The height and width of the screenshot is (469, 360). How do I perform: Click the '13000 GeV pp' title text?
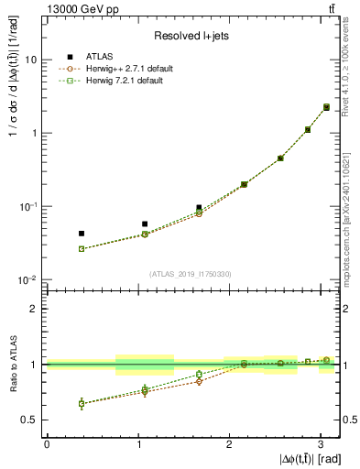[77, 9]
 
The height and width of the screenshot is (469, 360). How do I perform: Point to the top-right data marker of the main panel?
[326, 107]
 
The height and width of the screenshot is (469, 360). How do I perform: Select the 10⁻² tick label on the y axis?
[28, 280]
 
